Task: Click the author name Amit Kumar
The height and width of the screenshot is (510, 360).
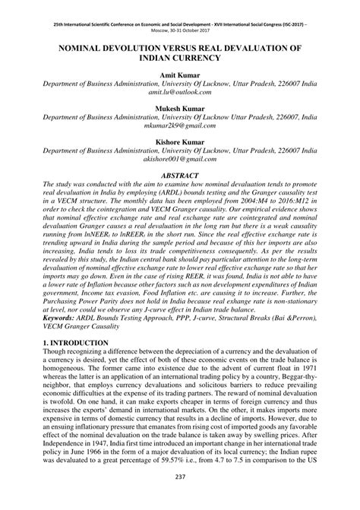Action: pos(179,77)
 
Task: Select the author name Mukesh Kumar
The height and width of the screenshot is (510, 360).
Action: pos(179,110)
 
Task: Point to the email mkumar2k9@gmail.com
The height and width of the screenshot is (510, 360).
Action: pos(179,128)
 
